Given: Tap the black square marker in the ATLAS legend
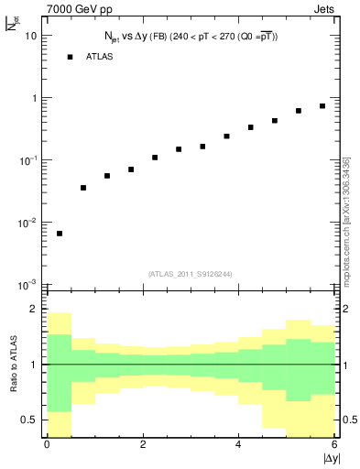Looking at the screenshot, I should [70, 57].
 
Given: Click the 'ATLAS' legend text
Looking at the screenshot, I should [100, 57].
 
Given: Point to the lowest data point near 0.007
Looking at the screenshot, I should [60, 234].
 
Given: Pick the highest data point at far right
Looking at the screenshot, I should [322, 106].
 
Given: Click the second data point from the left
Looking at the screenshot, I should [83, 188].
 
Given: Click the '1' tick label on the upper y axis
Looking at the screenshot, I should [34, 98].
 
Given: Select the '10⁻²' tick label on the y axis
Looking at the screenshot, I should [28, 223].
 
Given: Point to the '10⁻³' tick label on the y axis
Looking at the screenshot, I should [28, 285].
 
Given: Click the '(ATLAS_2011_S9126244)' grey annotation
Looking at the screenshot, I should [191, 273].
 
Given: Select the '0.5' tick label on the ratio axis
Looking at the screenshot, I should [28, 420].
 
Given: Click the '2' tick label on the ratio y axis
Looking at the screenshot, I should [34, 310].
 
